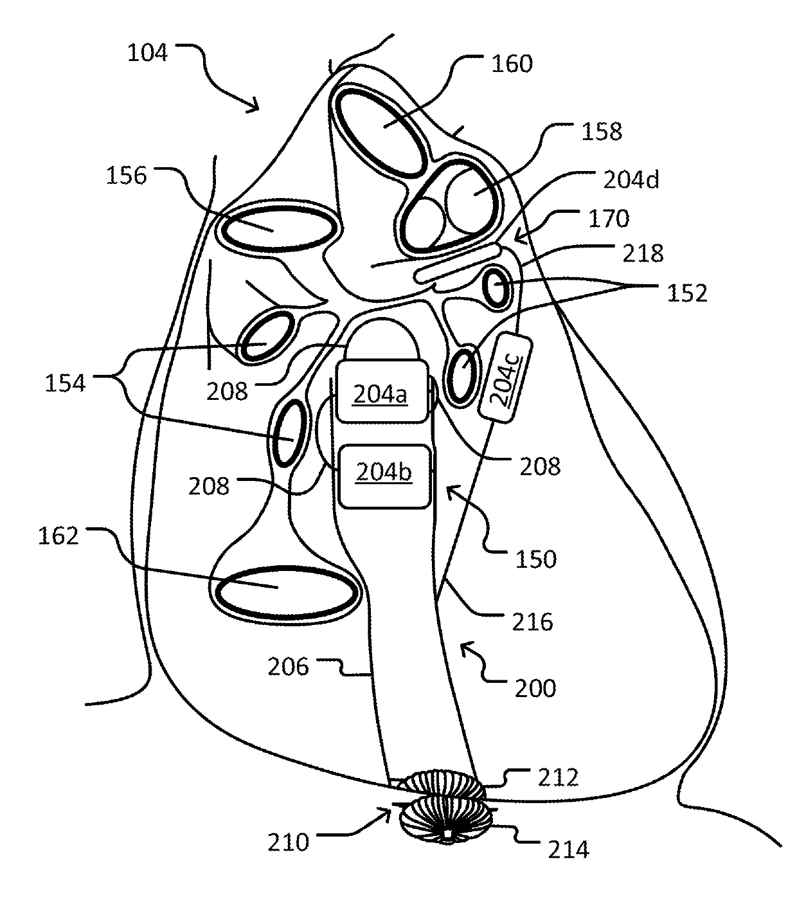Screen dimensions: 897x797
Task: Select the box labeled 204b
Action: (x=384, y=475)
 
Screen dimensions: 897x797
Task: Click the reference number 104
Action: (x=147, y=53)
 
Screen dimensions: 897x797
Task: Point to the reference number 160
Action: (x=512, y=64)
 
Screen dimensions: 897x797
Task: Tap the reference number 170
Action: (x=607, y=219)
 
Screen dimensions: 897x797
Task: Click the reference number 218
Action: (x=642, y=253)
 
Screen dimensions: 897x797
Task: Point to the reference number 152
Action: (x=685, y=293)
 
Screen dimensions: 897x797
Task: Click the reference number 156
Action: (x=127, y=175)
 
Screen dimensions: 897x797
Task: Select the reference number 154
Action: (x=64, y=384)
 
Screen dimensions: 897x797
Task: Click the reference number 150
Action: (x=536, y=559)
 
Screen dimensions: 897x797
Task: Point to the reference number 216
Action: (x=533, y=622)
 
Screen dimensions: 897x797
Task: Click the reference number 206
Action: (x=287, y=667)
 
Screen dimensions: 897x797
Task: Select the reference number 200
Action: (x=535, y=689)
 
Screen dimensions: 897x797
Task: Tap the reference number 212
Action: (x=559, y=777)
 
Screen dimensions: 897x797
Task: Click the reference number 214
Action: (x=568, y=850)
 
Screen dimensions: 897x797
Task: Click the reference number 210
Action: (x=289, y=842)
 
